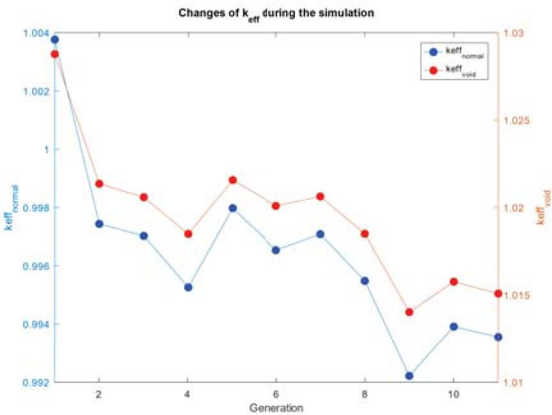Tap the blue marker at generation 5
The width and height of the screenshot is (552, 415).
click(x=232, y=208)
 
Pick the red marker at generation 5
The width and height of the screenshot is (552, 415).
click(x=232, y=180)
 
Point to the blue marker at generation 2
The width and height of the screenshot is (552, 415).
click(x=99, y=224)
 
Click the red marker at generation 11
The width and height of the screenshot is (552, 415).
click(x=498, y=293)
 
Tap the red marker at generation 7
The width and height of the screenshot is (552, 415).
click(x=320, y=197)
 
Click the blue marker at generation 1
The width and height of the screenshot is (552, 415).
click(x=55, y=40)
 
